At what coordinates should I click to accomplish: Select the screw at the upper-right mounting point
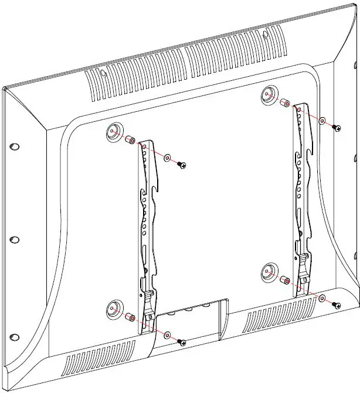click(x=336, y=127)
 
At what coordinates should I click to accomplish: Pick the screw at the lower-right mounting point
click(x=336, y=305)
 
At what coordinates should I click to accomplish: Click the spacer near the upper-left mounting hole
click(x=130, y=141)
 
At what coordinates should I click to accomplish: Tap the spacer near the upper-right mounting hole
click(x=284, y=102)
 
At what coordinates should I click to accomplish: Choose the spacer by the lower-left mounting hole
click(x=129, y=317)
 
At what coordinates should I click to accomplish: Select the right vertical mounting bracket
click(x=302, y=193)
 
